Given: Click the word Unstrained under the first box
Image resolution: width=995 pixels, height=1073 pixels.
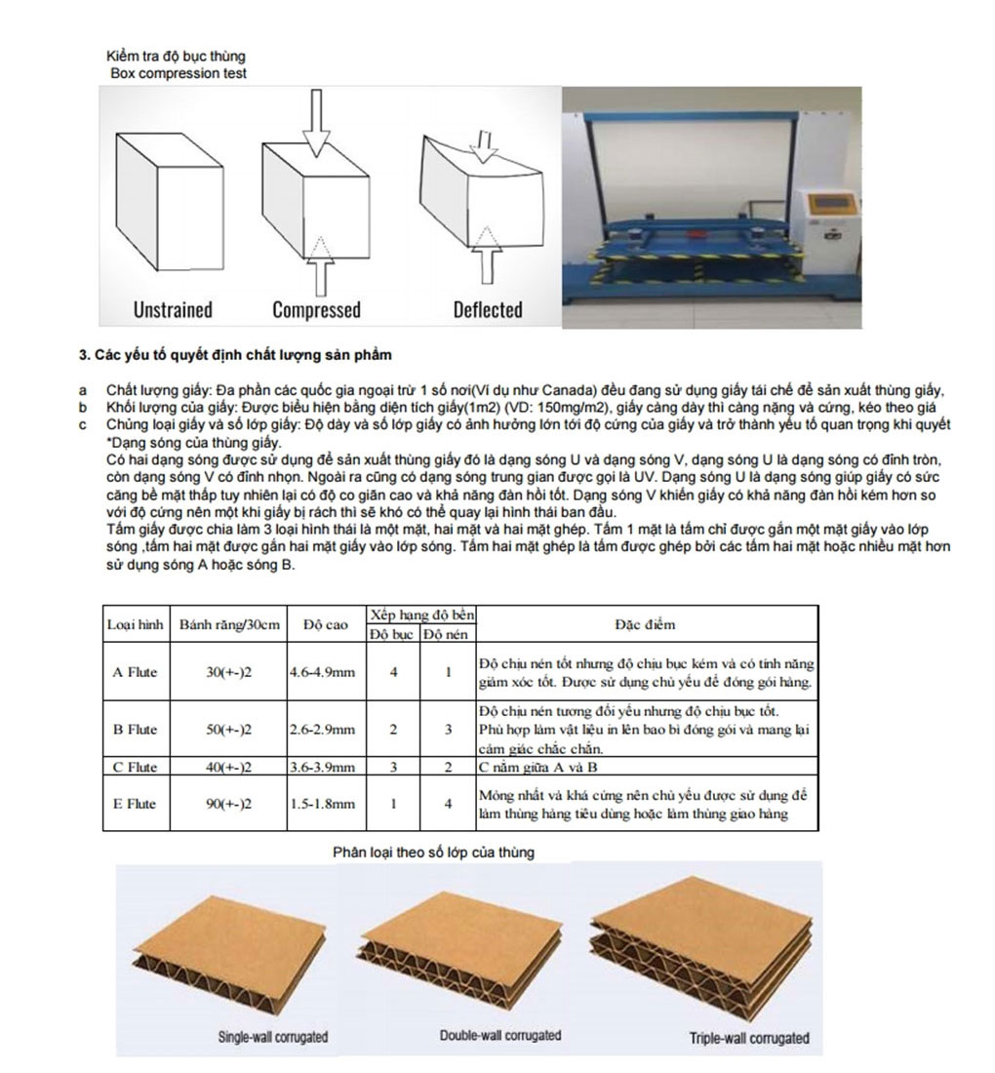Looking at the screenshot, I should [x=173, y=310].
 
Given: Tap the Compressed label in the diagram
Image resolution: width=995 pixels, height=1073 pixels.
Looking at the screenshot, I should [x=316, y=310].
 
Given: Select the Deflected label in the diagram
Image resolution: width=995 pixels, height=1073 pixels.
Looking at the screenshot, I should [x=487, y=310].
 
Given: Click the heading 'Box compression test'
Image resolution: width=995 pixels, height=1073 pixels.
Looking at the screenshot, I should [x=179, y=73].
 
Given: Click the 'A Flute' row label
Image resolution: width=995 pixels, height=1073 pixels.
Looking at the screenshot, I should [x=136, y=671].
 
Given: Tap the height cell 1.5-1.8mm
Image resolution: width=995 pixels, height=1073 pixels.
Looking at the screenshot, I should [x=322, y=804].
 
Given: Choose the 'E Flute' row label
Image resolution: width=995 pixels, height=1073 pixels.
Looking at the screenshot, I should [x=136, y=804].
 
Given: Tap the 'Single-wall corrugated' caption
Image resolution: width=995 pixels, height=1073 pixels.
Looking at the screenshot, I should [x=272, y=1036].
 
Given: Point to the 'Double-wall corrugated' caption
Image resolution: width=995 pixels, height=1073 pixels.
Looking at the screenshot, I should [x=500, y=1034].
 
